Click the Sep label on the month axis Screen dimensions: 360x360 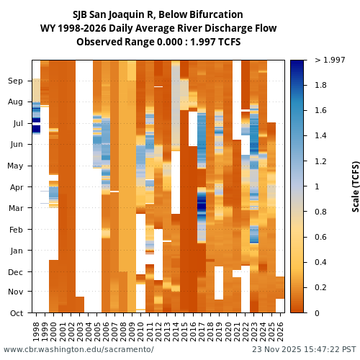point(16,81)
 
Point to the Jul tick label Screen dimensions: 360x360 point(17,123)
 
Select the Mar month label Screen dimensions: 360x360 point(16,208)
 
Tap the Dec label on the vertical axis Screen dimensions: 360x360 point(16,271)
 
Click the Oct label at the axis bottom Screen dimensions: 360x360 point(17,312)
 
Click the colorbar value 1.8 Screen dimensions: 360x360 point(321,86)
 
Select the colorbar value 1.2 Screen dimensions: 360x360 point(321,161)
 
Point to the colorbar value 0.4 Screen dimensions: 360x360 point(321,262)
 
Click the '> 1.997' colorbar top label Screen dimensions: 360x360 point(330,60)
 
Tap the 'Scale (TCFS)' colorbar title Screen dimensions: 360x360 point(356,186)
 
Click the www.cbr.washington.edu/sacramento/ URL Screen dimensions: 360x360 point(78,349)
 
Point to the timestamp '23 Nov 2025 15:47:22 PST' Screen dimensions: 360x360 point(304,349)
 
